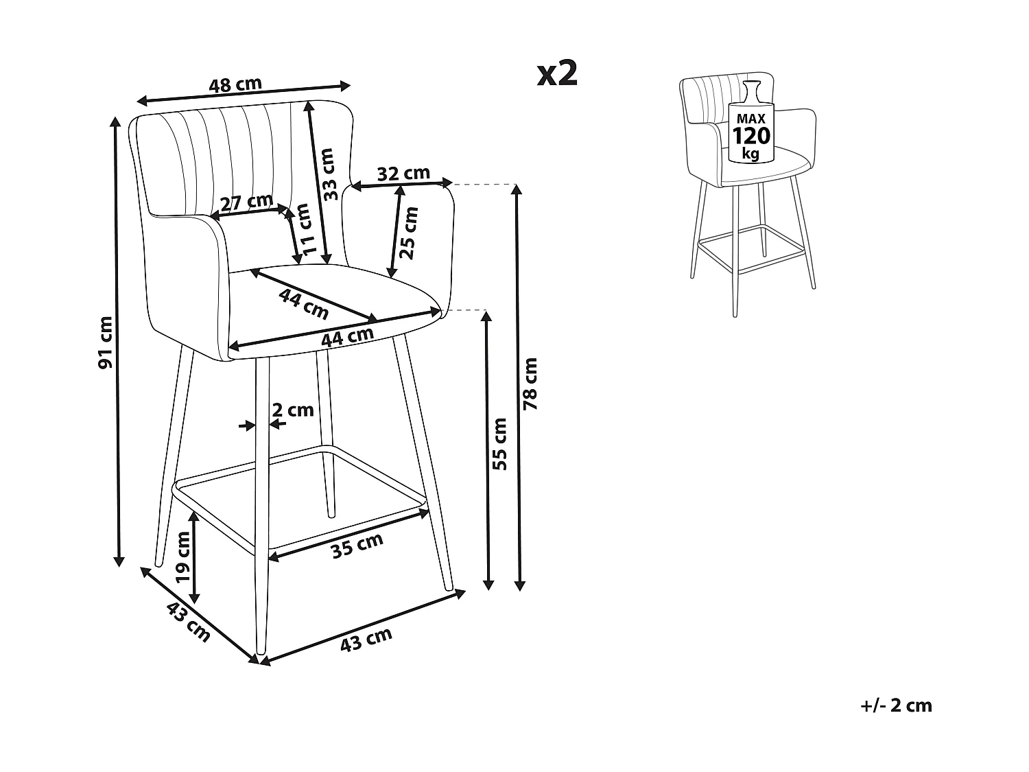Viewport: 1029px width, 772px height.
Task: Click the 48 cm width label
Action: (x=235, y=85)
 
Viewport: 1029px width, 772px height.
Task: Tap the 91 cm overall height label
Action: (x=105, y=342)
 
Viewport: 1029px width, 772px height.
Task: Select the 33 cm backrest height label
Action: (x=331, y=174)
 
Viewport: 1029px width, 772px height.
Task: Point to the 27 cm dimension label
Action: (x=246, y=202)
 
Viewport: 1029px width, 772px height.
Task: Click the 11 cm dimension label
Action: (x=307, y=230)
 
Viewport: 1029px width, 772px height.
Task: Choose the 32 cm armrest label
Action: (x=403, y=174)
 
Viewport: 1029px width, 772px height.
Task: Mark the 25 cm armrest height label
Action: (x=409, y=232)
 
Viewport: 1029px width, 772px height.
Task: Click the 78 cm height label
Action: (x=530, y=384)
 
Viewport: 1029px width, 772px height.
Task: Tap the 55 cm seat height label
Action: (x=500, y=443)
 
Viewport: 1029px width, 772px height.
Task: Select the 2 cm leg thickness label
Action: (x=293, y=410)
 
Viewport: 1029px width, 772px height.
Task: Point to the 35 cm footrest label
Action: (x=357, y=546)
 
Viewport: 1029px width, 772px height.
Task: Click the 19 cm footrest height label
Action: (x=182, y=557)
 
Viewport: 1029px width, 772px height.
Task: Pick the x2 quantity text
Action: (x=557, y=73)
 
